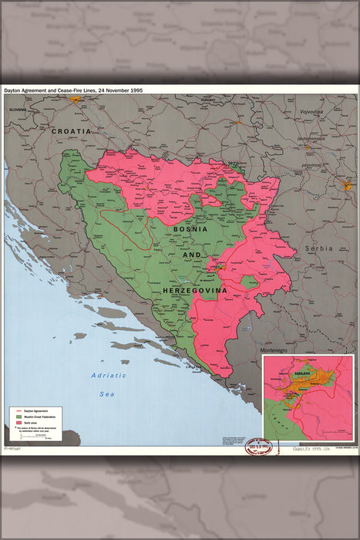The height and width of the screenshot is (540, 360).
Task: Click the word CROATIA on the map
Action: (71, 132)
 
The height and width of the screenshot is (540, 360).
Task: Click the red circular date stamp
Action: (259, 447)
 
